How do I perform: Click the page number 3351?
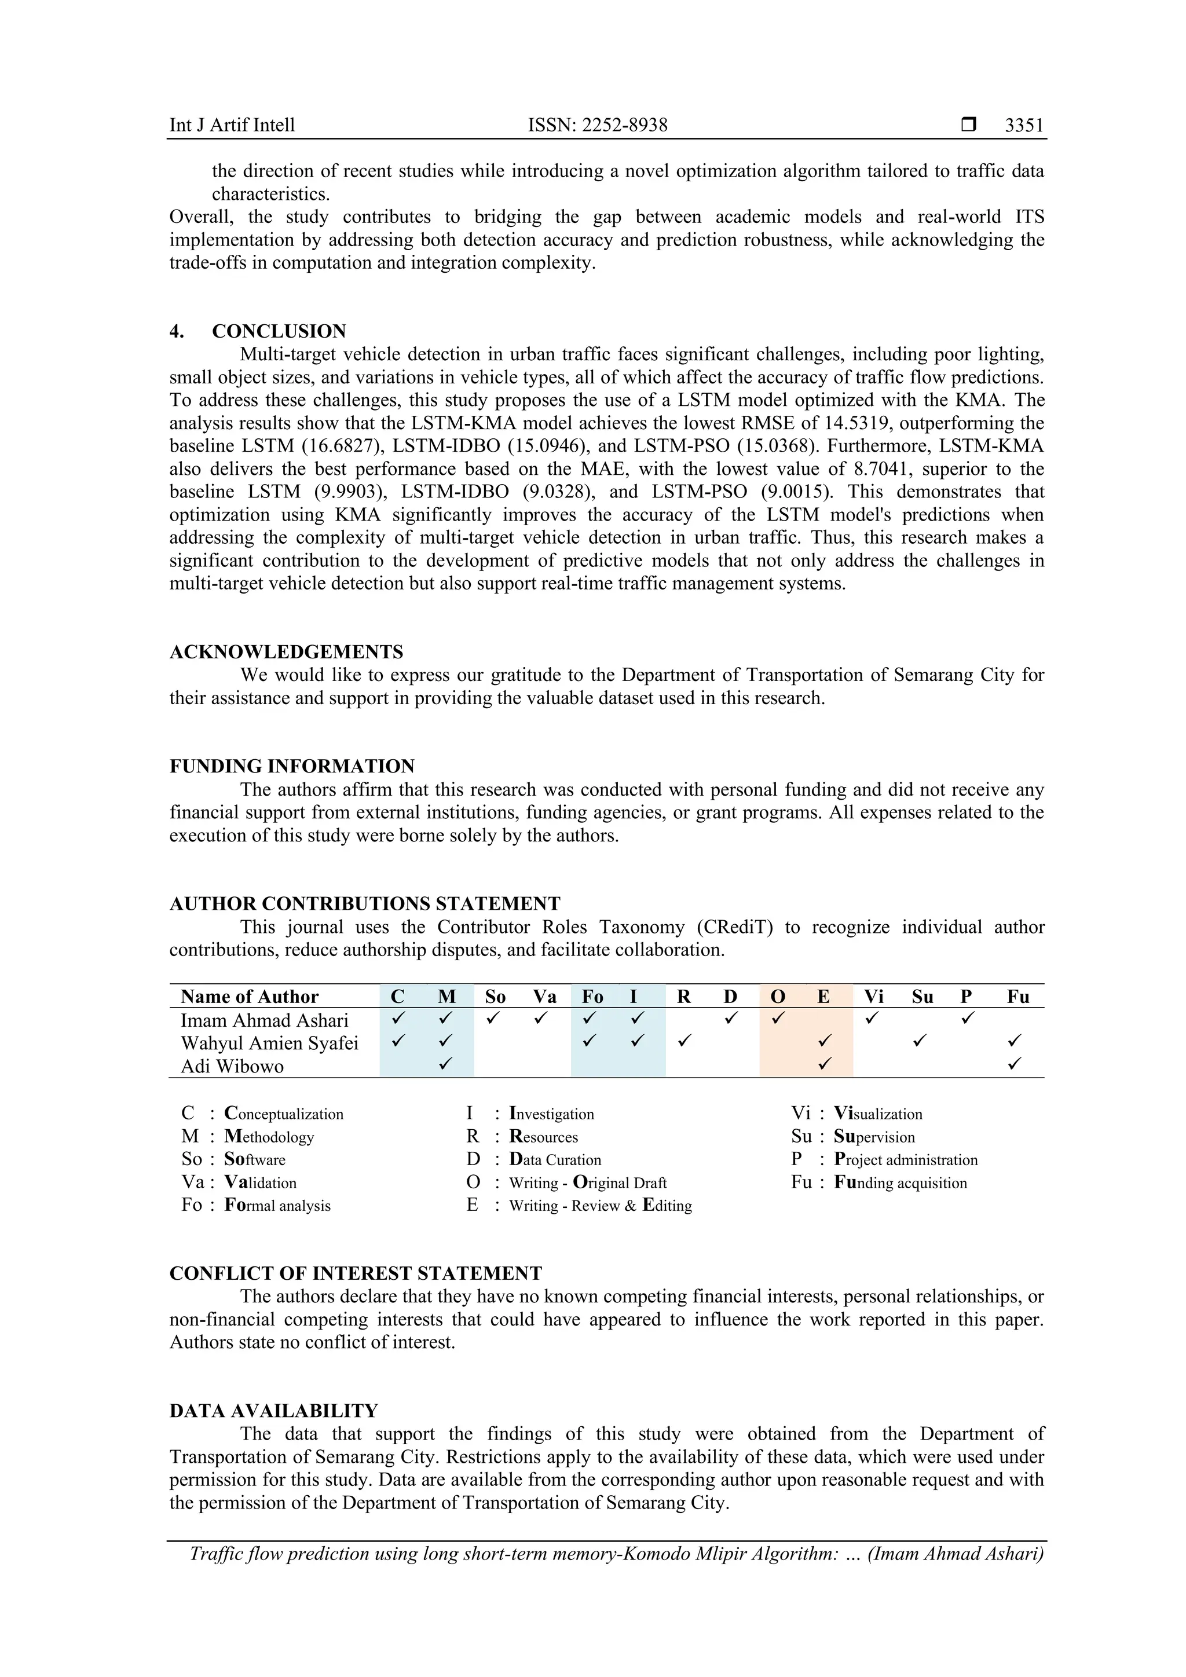1024,126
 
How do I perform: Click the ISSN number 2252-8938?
624,126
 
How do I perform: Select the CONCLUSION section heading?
279,332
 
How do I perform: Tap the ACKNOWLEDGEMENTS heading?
286,652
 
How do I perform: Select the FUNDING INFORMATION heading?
292,766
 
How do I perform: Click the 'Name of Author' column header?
249,997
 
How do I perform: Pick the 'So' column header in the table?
495,997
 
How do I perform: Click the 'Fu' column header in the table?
1018,997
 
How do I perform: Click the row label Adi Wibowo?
232,1067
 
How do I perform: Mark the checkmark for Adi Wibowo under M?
445,1064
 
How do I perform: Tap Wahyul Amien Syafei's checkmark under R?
683,1041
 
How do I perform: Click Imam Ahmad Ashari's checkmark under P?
967,1017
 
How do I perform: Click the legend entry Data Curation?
555,1160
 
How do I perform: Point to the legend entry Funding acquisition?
900,1182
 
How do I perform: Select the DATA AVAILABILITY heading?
273,1411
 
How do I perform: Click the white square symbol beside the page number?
968,125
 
